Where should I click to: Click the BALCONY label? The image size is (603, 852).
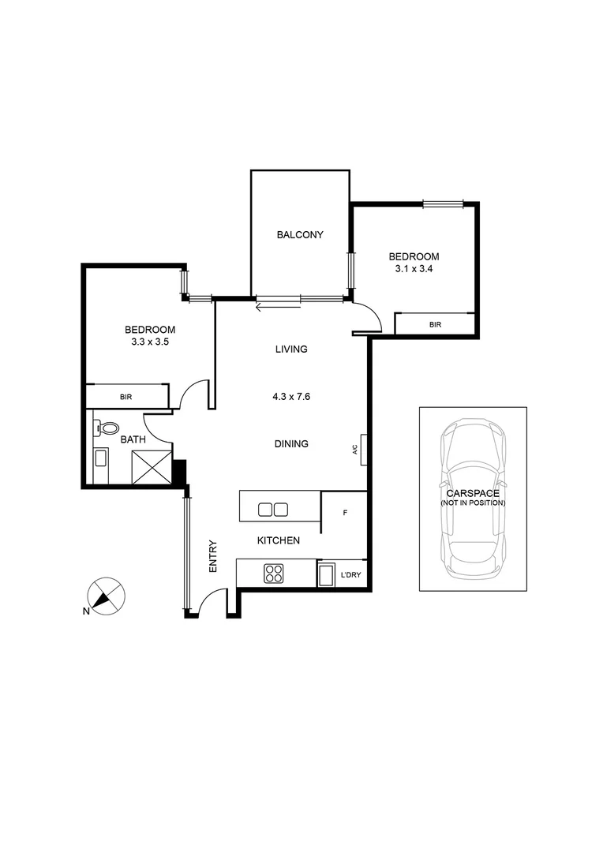pyautogui.click(x=300, y=234)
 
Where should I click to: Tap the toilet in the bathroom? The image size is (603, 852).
pyautogui.click(x=102, y=428)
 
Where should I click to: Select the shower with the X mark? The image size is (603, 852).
pyautogui.click(x=152, y=465)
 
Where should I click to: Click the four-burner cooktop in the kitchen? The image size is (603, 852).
pyautogui.click(x=273, y=573)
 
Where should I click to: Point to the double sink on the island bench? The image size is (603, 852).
pyautogui.click(x=272, y=509)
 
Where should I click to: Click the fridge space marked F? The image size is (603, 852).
pyautogui.click(x=345, y=512)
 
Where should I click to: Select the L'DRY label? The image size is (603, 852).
pyautogui.click(x=350, y=574)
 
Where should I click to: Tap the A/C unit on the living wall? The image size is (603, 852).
pyautogui.click(x=363, y=449)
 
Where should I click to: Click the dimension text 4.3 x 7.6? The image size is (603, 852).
pyautogui.click(x=291, y=397)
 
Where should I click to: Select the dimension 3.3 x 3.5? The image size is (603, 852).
pyautogui.click(x=149, y=342)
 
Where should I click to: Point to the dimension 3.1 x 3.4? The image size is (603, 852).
pyautogui.click(x=414, y=269)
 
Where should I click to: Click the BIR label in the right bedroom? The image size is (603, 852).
pyautogui.click(x=435, y=324)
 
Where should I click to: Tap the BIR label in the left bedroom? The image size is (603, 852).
pyautogui.click(x=126, y=397)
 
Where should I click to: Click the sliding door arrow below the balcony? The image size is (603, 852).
pyautogui.click(x=278, y=305)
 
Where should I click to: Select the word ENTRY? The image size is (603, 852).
pyautogui.click(x=213, y=556)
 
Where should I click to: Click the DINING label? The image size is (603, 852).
pyautogui.click(x=291, y=443)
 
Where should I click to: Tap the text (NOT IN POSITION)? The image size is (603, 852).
pyautogui.click(x=473, y=503)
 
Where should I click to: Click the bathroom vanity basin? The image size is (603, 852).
pyautogui.click(x=100, y=459)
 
